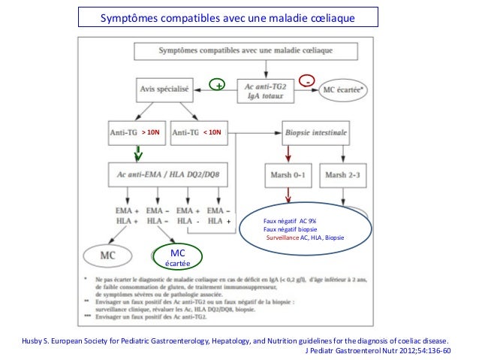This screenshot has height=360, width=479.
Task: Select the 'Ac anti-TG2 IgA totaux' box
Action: [x=265, y=89]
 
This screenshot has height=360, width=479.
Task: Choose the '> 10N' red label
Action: [x=152, y=132]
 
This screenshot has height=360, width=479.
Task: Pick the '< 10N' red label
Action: [x=212, y=132]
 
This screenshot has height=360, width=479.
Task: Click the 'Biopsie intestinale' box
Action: [x=316, y=132]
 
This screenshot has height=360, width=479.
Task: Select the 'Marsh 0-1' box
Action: [x=286, y=176]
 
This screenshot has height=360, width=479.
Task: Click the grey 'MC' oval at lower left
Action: [x=107, y=254]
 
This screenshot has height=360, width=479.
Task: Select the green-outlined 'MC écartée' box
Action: [x=178, y=256]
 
